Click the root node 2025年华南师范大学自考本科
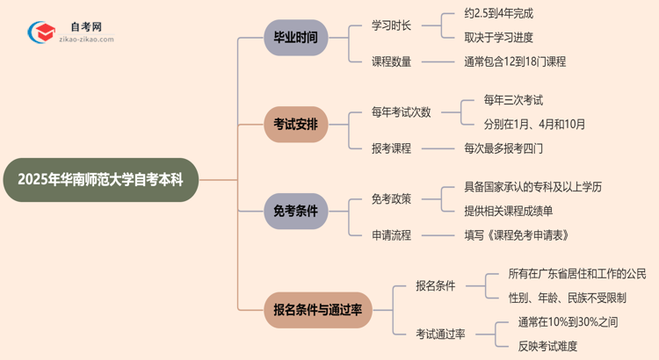tap(101, 180)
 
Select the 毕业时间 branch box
tap(295, 37)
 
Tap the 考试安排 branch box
tap(295, 124)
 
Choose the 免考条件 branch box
tap(295, 211)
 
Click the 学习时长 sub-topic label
tap(392, 25)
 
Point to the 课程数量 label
tap(392, 61)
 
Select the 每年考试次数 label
tap(402, 112)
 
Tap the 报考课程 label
tap(392, 148)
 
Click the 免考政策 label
tap(392, 199)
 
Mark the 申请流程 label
tap(392, 235)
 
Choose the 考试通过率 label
tap(441, 334)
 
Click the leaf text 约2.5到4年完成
tap(498, 13)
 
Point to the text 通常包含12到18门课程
tap(515, 61)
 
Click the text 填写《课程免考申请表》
tap(517, 235)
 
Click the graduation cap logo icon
tap(41, 33)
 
